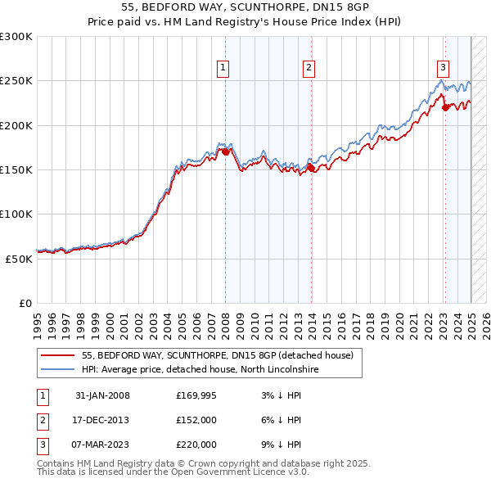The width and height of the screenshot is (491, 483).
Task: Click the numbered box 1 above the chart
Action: coord(222,68)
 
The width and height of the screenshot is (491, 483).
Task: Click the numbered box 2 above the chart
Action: coord(309,68)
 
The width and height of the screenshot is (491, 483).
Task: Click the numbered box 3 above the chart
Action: coord(442,68)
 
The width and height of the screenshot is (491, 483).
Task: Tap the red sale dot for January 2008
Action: coord(225,151)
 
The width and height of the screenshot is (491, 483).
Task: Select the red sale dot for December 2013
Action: coord(311,168)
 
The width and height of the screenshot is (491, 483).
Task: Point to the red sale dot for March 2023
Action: coord(444,107)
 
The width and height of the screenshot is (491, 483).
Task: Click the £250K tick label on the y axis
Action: coord(16,81)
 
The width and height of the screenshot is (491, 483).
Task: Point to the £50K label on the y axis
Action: coord(20,258)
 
